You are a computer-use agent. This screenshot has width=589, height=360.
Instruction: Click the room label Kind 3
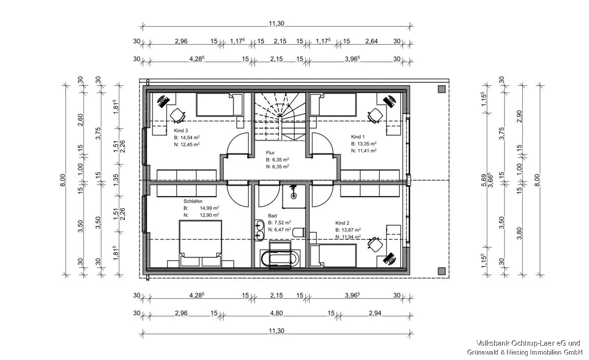[181, 130]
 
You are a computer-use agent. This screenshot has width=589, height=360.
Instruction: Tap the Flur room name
[270, 153]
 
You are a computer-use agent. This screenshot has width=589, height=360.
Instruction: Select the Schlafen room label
[193, 201]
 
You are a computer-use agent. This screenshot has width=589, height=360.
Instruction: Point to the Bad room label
[272, 216]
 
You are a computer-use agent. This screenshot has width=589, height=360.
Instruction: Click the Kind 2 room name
[342, 223]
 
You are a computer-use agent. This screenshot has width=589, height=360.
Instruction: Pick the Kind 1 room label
[358, 137]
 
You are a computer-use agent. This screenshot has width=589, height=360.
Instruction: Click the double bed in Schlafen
[200, 243]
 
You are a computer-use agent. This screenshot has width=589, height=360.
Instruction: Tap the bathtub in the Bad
[280, 258]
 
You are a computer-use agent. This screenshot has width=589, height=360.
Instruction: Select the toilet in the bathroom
[299, 232]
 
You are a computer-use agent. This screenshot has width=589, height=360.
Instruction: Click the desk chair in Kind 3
[178, 116]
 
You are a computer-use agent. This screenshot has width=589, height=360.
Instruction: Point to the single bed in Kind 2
[333, 256]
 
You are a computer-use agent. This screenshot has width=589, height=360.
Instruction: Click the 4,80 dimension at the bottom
[276, 313]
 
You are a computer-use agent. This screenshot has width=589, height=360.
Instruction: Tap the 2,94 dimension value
[375, 313]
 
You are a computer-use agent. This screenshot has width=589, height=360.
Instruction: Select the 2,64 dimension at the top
[371, 41]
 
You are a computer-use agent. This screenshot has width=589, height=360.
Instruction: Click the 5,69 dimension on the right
[484, 180]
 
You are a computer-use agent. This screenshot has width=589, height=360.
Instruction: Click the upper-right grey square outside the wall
[442, 89]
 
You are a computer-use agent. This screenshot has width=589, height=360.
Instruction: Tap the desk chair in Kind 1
[375, 116]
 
